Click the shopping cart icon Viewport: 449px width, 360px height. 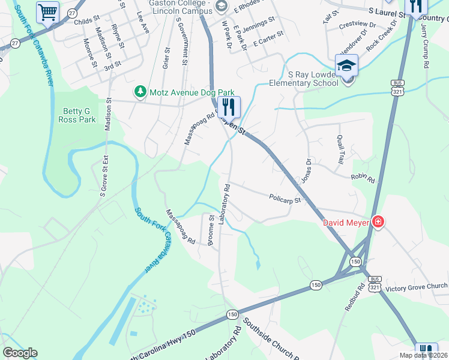click(x=47, y=11)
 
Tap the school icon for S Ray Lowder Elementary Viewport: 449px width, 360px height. click(x=346, y=65)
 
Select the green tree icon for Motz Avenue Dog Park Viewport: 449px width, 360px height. click(x=140, y=92)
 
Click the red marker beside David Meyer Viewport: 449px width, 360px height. click(x=378, y=222)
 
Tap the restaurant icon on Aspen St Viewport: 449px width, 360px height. click(x=229, y=107)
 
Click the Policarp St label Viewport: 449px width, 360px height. click(x=285, y=199)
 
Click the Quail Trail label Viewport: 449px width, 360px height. click(x=340, y=149)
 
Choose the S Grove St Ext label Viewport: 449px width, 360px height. click(x=104, y=176)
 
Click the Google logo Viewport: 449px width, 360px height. click(x=20, y=353)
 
